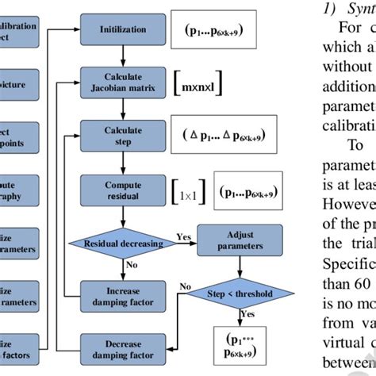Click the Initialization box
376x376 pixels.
123,29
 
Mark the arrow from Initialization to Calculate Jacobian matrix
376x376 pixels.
123,55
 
